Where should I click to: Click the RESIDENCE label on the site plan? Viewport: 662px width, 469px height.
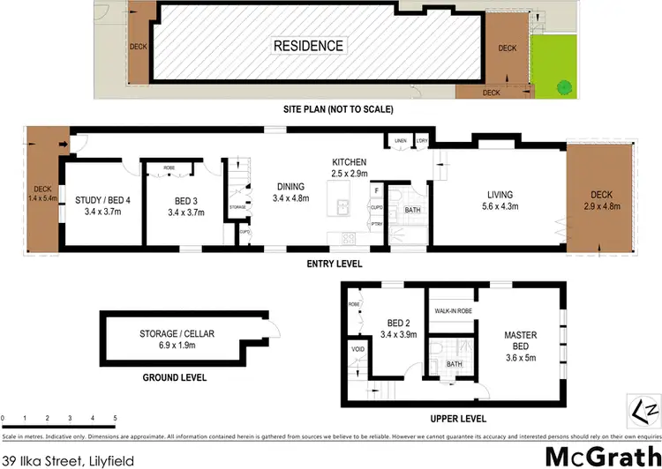[x=309, y=45]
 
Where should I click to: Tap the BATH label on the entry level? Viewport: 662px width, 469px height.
[x=412, y=211]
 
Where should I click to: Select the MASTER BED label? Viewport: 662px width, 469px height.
[x=520, y=339]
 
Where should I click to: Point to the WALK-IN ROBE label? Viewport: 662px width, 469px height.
[x=452, y=311]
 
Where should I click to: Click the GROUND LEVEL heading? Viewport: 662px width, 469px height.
[x=176, y=377]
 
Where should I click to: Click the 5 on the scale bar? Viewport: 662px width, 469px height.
[x=115, y=417]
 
